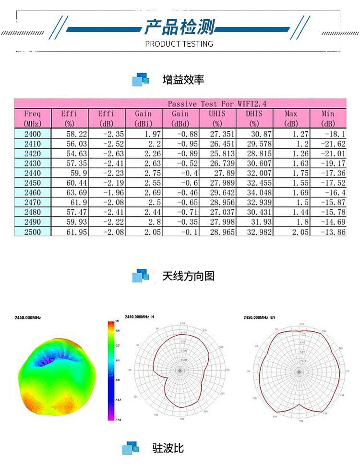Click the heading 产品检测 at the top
(180, 27)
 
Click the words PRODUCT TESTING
(179, 44)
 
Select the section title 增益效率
(183, 79)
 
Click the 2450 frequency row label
(33, 183)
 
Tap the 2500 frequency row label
(33, 232)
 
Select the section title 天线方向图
(188, 276)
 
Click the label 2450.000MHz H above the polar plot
(140, 317)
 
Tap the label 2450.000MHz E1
(259, 317)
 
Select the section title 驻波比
(168, 448)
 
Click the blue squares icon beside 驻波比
(130, 448)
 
